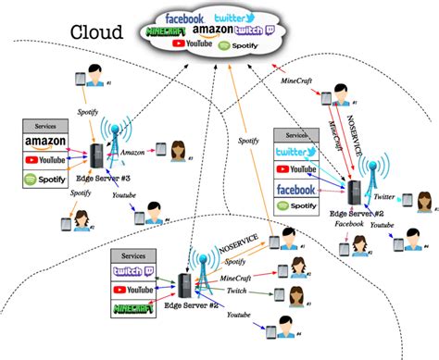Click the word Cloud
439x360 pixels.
97,32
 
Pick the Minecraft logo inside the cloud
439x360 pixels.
169,32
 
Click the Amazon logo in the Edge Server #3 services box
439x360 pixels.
48,143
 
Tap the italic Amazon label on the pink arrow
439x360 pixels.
132,151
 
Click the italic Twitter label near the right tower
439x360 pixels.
386,197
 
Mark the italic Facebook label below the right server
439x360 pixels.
348,224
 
